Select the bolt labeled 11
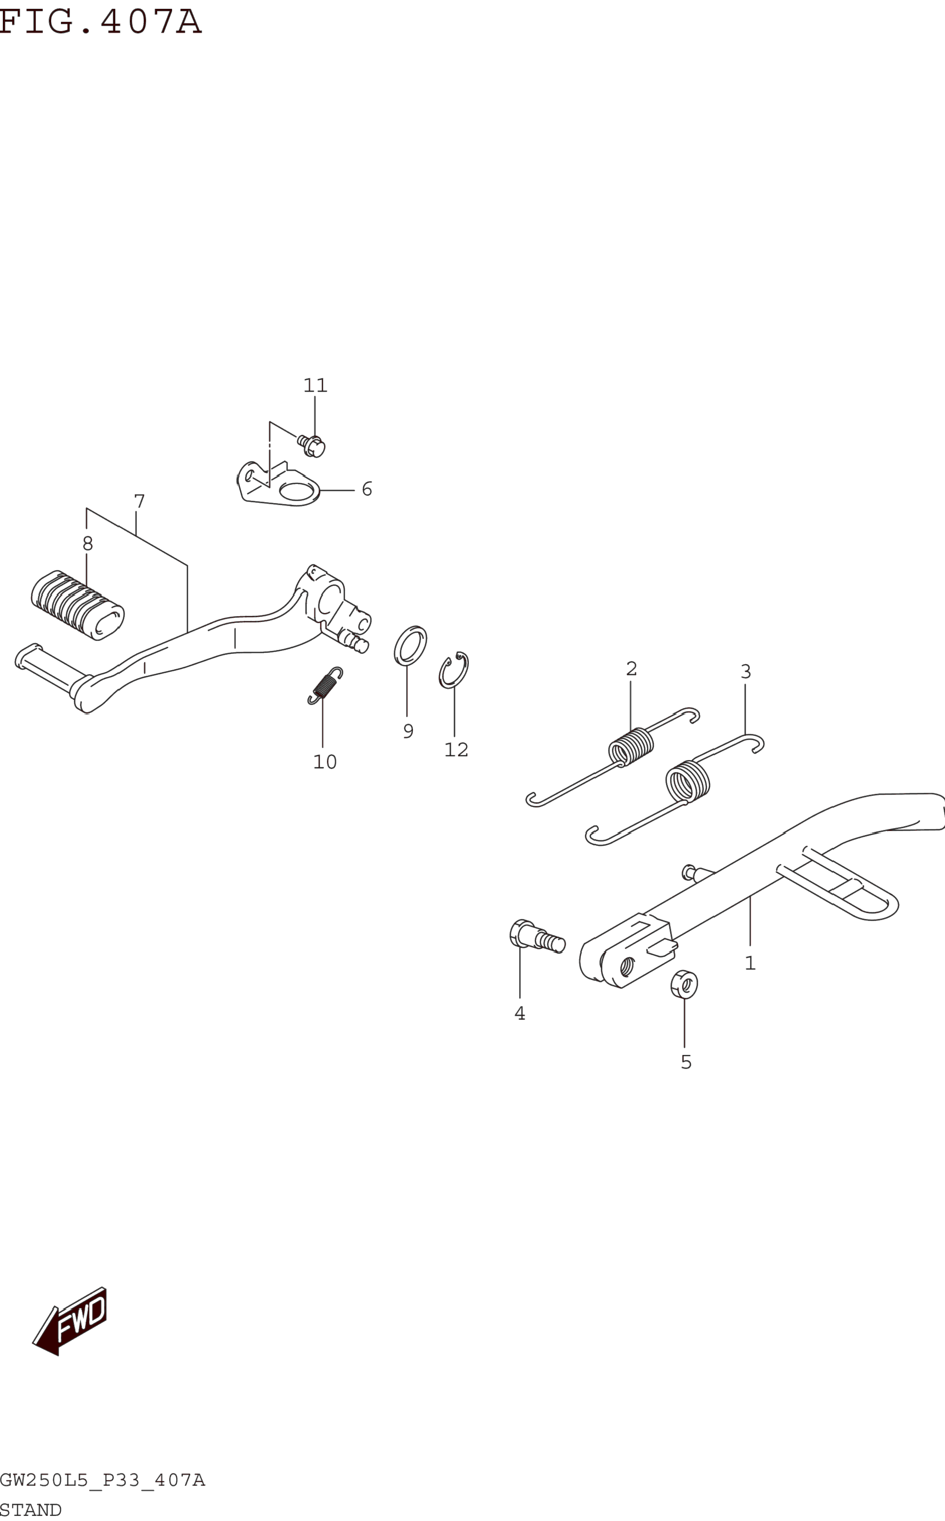312,446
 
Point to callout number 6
367,489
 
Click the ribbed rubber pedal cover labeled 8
78,605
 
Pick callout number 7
139,501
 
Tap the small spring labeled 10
325,685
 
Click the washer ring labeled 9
411,646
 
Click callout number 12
456,750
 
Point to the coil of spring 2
631,746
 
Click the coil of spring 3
688,780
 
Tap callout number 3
746,672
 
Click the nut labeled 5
684,985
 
